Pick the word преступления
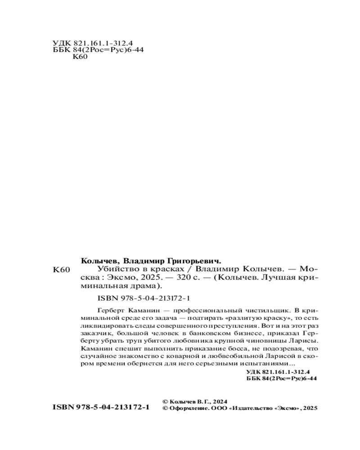(x=225, y=326)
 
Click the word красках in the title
(x=168, y=268)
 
